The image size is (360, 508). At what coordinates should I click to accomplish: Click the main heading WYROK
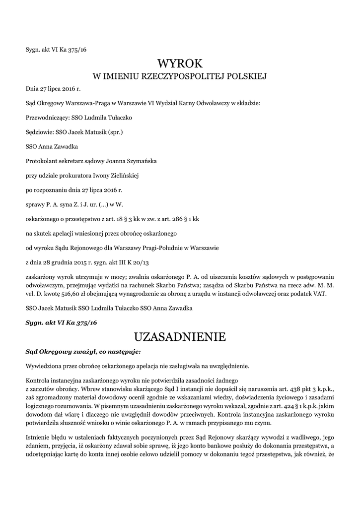(180, 63)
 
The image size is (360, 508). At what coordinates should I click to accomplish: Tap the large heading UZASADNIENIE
(180, 337)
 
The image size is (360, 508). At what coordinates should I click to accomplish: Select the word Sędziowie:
(40, 132)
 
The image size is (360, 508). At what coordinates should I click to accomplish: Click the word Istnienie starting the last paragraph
(39, 438)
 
